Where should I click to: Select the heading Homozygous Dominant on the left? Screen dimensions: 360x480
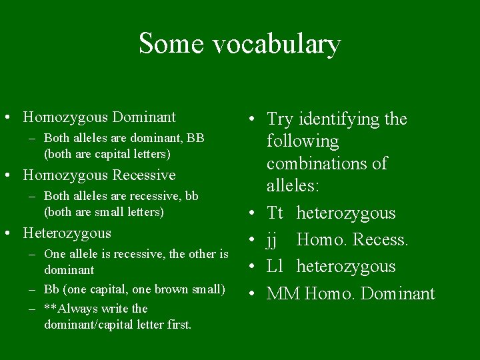tap(99, 117)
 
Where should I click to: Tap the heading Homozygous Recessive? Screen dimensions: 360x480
tap(99, 175)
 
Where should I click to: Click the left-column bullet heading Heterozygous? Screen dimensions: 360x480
tap(67, 233)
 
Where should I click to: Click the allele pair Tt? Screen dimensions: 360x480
tap(275, 213)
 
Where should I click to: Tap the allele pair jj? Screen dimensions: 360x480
tap(273, 240)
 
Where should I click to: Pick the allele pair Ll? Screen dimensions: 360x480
tap(275, 267)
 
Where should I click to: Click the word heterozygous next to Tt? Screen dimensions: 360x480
tap(346, 213)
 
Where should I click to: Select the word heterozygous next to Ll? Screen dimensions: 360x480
tap(346, 267)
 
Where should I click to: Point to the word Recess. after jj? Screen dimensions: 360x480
tap(383, 240)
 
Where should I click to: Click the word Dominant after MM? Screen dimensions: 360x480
tap(398, 293)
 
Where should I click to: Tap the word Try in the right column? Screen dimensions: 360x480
tap(280, 120)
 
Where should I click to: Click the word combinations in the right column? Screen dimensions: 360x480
tap(317, 164)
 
